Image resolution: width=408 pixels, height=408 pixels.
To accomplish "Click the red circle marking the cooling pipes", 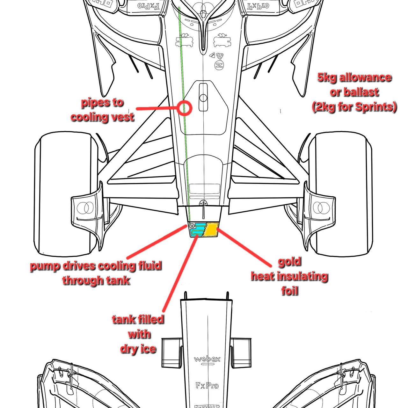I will click(x=184, y=108).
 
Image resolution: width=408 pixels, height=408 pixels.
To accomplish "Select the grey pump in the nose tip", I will click(x=192, y=226).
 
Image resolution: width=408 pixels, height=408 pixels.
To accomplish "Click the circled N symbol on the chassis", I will click(x=219, y=65).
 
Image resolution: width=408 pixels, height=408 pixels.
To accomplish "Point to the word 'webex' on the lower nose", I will click(x=207, y=359).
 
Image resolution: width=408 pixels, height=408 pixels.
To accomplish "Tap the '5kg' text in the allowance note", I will click(x=327, y=77).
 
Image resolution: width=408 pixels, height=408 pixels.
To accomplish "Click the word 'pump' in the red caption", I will click(x=43, y=266).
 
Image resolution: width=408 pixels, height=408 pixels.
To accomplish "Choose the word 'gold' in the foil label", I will click(x=289, y=262).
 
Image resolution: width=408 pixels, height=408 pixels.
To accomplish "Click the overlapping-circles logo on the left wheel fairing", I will click(x=84, y=208).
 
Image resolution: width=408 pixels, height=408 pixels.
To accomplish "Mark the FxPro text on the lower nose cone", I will click(x=207, y=386).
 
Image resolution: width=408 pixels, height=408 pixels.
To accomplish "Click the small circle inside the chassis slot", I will click(x=203, y=98).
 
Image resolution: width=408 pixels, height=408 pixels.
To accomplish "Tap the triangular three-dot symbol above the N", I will click(x=219, y=56).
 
